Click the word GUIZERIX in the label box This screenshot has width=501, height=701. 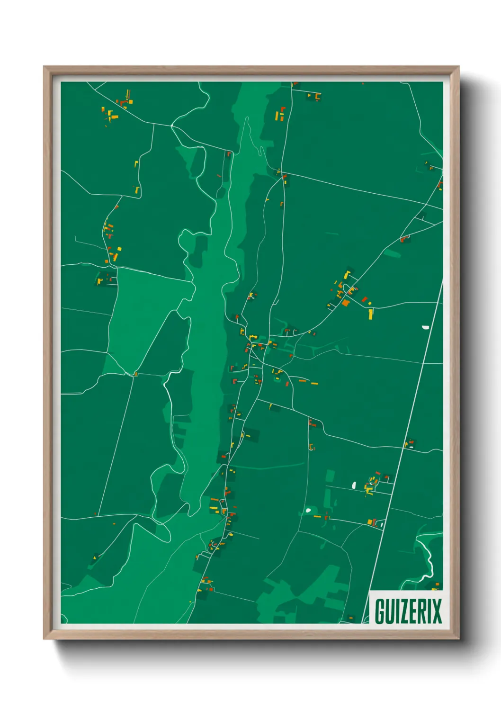[408, 611]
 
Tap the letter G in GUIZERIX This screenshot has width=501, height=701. [380, 611]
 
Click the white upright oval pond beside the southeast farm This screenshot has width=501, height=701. [354, 485]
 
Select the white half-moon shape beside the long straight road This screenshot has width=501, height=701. [425, 327]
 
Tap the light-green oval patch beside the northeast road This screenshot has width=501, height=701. [393, 254]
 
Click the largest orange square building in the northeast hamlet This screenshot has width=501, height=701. [346, 303]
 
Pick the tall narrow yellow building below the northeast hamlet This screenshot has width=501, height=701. [371, 314]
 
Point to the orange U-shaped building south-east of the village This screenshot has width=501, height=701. [311, 446]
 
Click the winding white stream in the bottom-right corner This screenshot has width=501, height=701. [429, 559]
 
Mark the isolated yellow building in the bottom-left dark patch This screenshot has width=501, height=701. [94, 558]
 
